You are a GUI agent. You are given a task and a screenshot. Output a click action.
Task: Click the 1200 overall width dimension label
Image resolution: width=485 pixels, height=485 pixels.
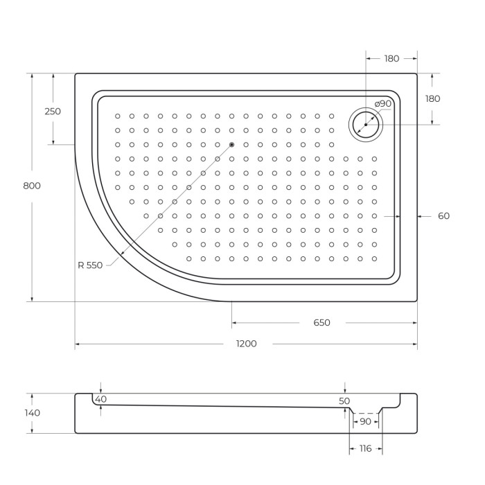point(246,344)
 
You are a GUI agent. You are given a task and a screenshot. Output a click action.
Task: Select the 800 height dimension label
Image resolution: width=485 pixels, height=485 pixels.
point(32,186)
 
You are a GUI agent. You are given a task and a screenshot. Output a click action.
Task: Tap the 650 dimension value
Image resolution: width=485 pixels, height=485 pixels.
point(321,322)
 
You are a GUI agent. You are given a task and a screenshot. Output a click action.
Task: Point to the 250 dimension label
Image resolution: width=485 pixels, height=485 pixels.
point(53,111)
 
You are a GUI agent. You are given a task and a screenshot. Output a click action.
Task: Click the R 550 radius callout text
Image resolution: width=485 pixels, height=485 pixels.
point(90,265)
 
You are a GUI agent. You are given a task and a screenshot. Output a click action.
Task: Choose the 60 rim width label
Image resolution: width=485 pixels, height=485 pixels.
point(443,216)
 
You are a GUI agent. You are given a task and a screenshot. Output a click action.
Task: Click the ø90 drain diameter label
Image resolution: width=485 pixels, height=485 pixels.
point(383,104)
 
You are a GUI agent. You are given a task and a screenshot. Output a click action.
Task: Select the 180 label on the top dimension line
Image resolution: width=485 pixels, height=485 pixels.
point(391,59)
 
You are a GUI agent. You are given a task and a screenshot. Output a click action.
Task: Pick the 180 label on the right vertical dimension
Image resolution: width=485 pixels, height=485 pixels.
point(432,99)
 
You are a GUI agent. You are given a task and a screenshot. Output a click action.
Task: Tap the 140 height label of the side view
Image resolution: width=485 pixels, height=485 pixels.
point(32,413)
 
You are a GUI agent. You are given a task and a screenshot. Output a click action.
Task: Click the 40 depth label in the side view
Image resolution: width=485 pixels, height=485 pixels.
point(101,399)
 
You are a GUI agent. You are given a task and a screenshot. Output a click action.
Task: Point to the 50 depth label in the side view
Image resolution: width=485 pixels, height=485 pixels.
point(345,401)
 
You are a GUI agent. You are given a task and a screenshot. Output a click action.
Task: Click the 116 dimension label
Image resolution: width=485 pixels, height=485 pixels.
point(365,448)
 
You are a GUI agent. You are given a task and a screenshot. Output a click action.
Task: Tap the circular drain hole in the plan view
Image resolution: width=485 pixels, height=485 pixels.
point(365,124)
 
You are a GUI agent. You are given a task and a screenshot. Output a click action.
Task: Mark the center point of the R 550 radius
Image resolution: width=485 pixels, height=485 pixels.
point(231,144)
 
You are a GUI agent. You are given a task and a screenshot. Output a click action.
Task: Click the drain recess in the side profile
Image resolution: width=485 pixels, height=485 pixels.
point(364,412)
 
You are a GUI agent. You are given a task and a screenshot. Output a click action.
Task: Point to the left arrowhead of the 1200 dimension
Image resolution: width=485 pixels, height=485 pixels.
point(78,344)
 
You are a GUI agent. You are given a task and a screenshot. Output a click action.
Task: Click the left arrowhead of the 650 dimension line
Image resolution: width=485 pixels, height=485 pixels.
point(234,323)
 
